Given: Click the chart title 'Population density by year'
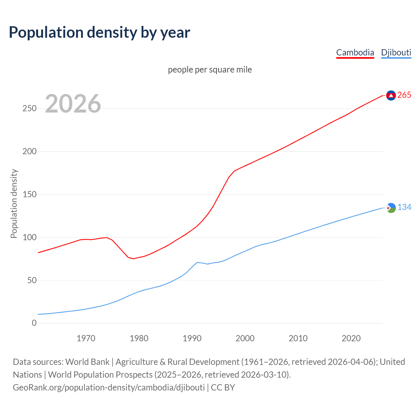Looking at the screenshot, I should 99,32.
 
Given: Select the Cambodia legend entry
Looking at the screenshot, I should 355,52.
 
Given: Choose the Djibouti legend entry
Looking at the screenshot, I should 396,52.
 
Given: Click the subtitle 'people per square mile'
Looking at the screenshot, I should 210,70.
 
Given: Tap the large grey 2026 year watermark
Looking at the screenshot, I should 73,104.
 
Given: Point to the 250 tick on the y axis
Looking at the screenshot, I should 30,109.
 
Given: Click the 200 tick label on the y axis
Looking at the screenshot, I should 30,152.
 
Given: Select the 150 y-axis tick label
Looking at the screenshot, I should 30,195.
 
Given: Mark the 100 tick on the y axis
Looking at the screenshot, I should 30,237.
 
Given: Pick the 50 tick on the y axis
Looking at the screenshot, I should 32,280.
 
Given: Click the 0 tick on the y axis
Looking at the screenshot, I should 34,323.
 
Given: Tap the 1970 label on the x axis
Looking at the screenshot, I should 86,338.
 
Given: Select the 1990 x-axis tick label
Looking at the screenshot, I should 192,338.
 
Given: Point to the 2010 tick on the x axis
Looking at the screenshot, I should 298,338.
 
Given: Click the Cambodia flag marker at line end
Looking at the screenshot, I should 391,95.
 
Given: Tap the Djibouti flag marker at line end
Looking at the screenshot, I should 391,208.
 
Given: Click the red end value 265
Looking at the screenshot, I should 404,95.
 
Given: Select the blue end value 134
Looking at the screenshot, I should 404,207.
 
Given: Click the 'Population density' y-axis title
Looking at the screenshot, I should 14,203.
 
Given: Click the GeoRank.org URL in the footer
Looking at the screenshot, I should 109,388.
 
